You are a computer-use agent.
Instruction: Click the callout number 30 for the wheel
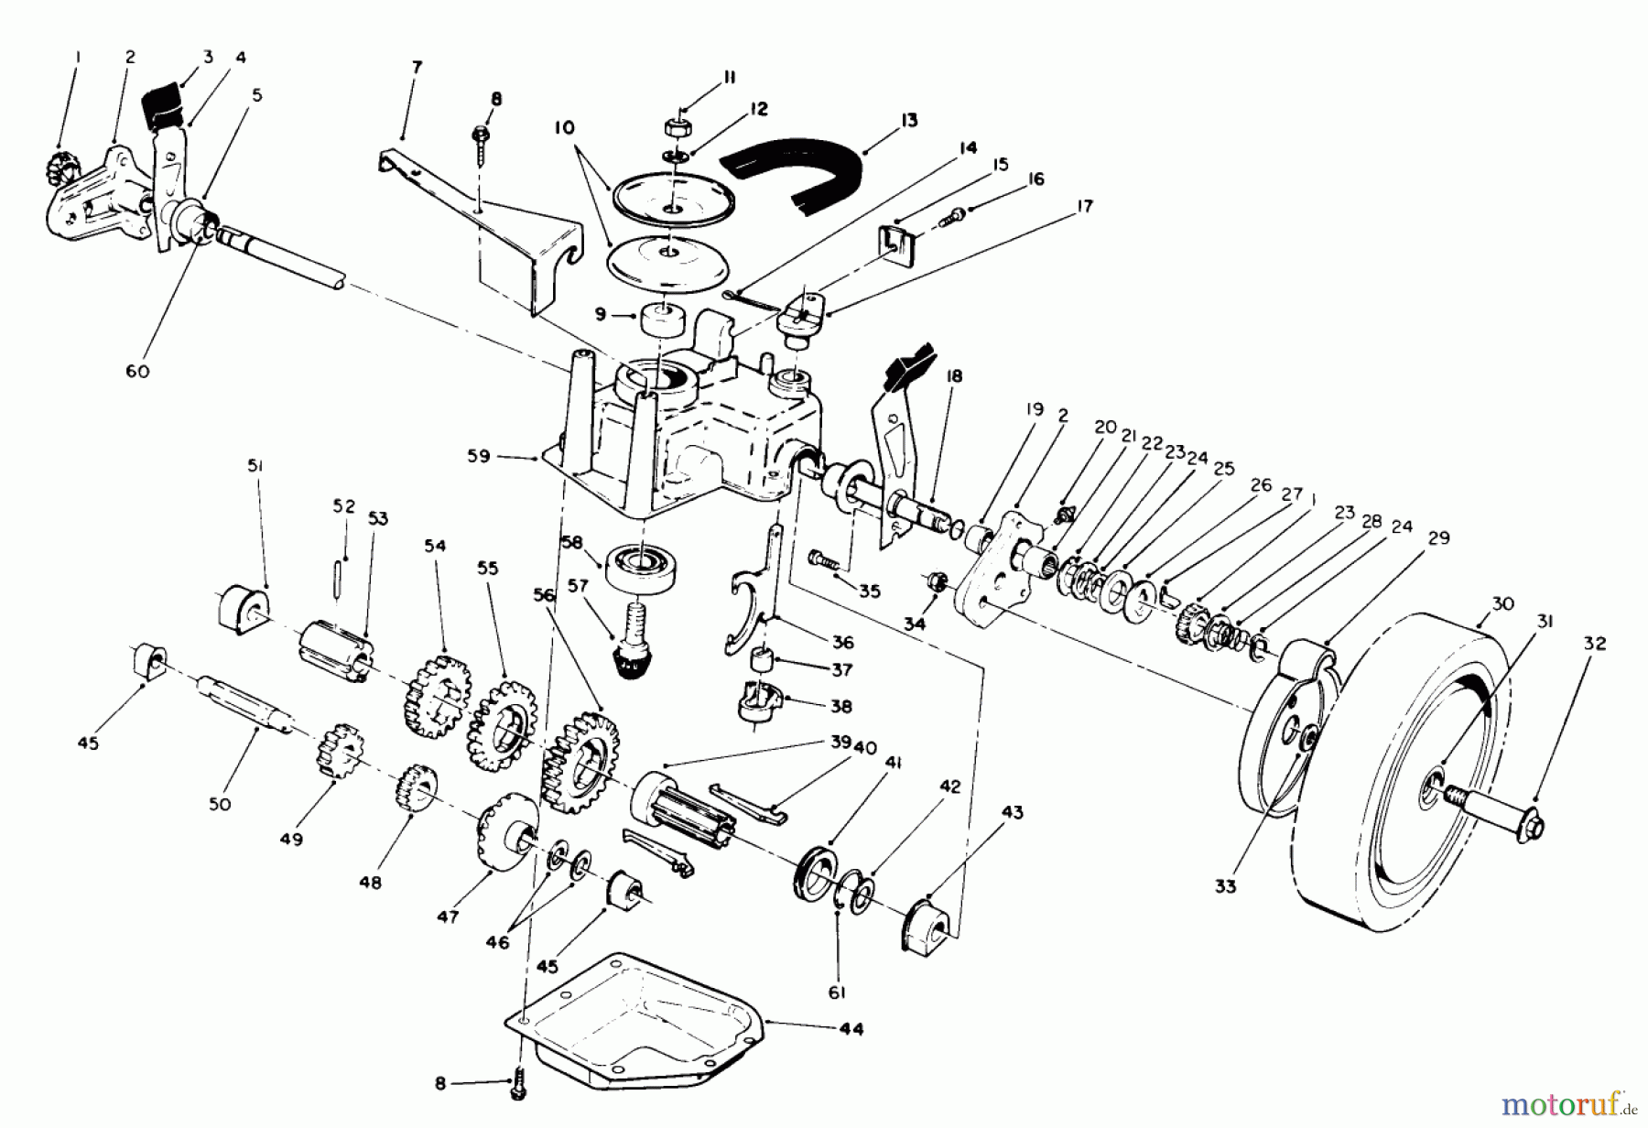click(x=1502, y=603)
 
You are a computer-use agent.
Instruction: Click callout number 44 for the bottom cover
click(x=851, y=1029)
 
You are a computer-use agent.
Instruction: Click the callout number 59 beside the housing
click(x=479, y=455)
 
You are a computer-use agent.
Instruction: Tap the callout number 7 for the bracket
click(x=417, y=67)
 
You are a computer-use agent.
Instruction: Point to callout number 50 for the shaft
click(x=220, y=804)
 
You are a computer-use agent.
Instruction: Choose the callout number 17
click(x=1084, y=207)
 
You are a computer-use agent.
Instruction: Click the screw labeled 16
click(x=957, y=215)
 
